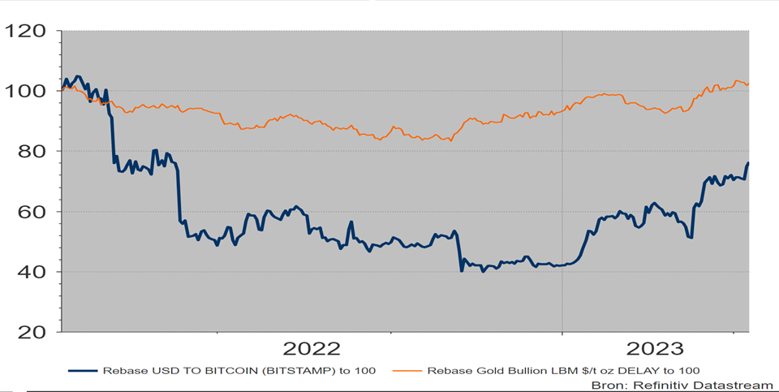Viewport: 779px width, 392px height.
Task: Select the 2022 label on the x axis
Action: [x=311, y=349]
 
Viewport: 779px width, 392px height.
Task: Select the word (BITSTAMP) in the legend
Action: [x=278, y=370]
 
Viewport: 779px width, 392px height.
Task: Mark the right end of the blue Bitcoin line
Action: [x=747, y=163]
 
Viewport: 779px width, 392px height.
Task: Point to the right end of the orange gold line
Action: [x=747, y=84]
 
